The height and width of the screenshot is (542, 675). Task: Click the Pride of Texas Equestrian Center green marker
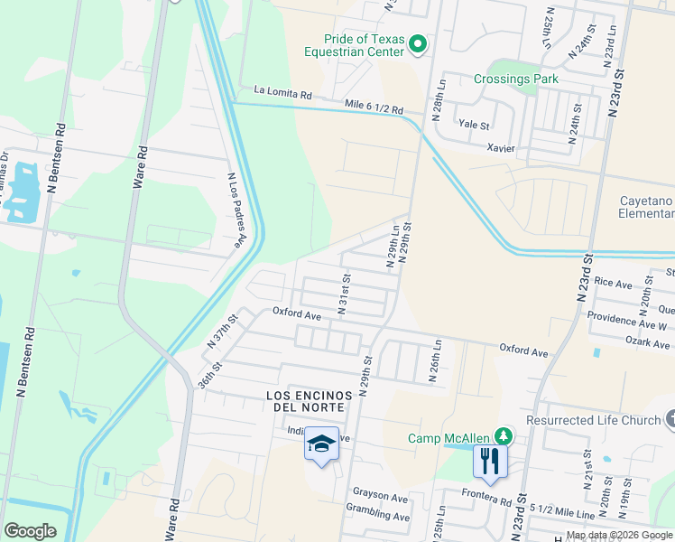click(418, 43)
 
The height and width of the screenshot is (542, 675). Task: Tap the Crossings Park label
click(516, 79)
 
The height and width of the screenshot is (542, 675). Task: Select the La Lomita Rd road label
click(282, 92)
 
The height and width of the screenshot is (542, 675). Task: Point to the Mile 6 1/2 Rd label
click(374, 107)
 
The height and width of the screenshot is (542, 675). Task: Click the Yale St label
click(474, 125)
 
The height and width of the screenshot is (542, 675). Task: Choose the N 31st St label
click(343, 293)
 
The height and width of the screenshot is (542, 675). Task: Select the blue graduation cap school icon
click(322, 444)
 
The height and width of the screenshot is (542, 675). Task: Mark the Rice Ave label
click(614, 284)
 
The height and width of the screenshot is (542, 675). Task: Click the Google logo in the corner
click(31, 530)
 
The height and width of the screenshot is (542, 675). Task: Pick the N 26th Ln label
click(437, 361)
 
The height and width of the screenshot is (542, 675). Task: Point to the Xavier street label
click(501, 147)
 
